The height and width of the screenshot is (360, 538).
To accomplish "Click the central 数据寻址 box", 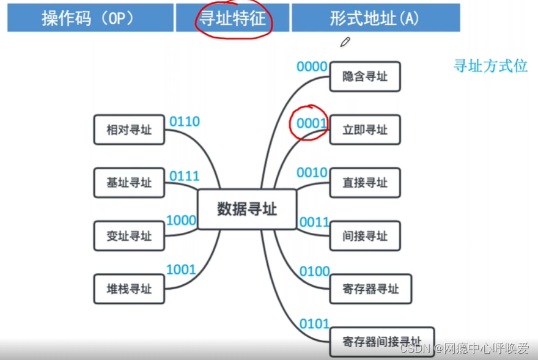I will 247,209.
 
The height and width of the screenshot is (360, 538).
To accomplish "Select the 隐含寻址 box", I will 365,77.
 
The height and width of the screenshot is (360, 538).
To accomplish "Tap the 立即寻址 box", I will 365,130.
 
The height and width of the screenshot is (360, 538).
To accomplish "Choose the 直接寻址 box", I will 365,182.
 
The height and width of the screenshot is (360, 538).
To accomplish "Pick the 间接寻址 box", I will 365,236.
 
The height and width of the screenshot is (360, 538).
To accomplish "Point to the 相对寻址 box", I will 129,130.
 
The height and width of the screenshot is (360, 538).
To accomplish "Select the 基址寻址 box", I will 129,182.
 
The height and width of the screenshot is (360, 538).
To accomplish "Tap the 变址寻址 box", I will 129,236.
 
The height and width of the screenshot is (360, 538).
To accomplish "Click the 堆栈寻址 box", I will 129,288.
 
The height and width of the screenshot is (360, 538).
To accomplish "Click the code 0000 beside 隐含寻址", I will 312,67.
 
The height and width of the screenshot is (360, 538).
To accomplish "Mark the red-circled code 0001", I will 312,123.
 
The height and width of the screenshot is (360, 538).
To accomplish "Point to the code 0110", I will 184,122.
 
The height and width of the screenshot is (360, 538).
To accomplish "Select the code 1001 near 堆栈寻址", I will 181,270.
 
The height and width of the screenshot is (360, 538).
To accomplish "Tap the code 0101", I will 314,323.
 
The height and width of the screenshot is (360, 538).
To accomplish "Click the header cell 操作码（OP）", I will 90,18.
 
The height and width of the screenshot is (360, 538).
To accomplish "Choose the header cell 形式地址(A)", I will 375,18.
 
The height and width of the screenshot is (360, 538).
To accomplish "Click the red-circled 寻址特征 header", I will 233,18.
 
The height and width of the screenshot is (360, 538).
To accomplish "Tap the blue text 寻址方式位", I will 490,66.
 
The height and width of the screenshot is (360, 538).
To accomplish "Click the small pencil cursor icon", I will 345,42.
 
